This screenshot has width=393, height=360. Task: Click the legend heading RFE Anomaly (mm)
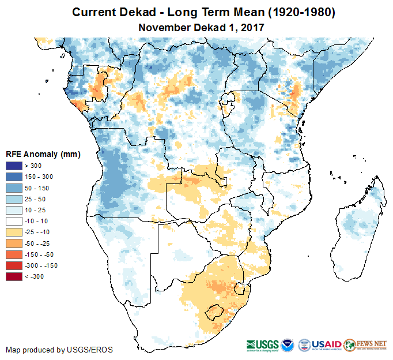coord(43,155)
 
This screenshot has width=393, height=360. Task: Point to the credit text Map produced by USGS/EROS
coord(59,350)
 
